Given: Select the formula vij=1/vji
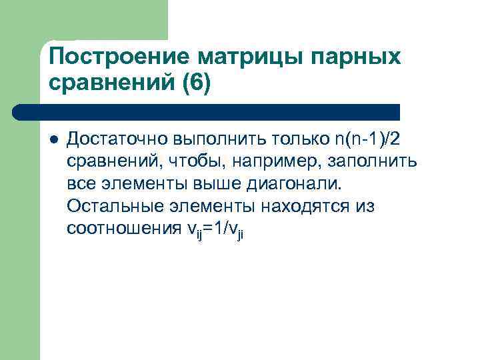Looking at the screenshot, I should pos(213,229).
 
